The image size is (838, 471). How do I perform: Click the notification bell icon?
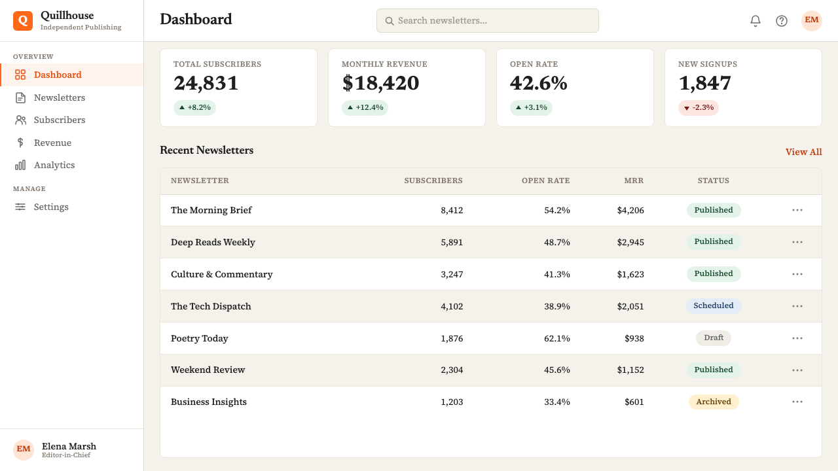click(x=756, y=20)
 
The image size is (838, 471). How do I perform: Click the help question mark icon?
click(x=782, y=20)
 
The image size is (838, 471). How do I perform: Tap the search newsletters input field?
click(x=488, y=20)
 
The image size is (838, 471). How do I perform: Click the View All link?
click(x=803, y=152)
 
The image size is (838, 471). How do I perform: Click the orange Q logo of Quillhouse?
click(x=23, y=20)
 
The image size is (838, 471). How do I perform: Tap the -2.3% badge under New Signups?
click(x=698, y=108)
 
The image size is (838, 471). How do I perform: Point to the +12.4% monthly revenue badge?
click(x=365, y=108)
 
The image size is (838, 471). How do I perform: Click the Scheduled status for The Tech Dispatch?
click(x=714, y=305)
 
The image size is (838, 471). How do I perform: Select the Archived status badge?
click(x=714, y=402)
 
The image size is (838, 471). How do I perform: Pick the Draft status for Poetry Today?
click(x=714, y=338)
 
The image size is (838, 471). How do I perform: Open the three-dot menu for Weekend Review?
click(x=797, y=370)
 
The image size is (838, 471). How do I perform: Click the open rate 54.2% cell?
click(x=556, y=210)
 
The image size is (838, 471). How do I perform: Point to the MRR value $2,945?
click(x=630, y=242)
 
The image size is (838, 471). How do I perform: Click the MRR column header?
click(x=634, y=181)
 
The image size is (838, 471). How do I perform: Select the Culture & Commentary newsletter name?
click(x=221, y=274)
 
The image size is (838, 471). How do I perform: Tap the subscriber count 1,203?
click(x=452, y=402)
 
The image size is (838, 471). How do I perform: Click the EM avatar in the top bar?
click(x=811, y=20)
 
